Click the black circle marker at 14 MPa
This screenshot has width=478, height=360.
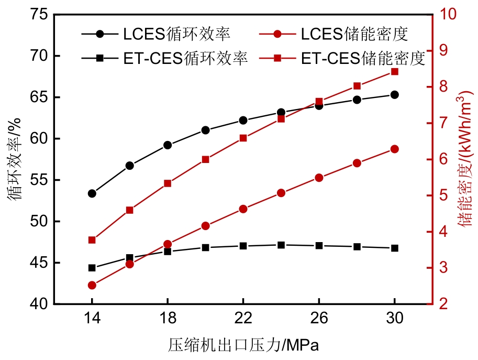coord(92,193)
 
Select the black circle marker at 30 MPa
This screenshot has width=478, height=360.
coord(395,95)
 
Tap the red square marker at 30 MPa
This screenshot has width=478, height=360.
coord(395,72)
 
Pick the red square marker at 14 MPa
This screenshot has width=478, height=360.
coord(92,240)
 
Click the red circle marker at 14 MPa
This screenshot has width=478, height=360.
coord(92,286)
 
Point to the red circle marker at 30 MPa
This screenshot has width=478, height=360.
coord(395,149)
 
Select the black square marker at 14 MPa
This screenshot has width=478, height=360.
coord(92,268)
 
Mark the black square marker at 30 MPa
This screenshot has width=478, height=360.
coord(395,248)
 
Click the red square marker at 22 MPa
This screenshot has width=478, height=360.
coord(243,138)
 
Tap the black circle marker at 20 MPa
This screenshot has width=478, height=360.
coord(206,130)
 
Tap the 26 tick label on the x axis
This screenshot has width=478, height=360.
coord(319,318)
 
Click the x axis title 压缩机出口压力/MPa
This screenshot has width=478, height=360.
coord(243,345)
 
